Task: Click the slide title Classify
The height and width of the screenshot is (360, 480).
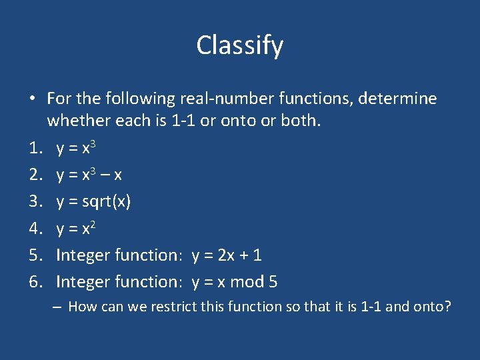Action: (240, 45)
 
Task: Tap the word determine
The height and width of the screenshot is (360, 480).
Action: (397, 99)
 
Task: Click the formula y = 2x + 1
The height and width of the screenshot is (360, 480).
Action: (227, 255)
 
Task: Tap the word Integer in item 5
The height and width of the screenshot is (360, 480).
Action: (83, 255)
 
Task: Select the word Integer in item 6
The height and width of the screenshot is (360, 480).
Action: (83, 282)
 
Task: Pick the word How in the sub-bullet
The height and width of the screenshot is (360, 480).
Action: (80, 307)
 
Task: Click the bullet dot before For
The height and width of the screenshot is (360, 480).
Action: (32, 99)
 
